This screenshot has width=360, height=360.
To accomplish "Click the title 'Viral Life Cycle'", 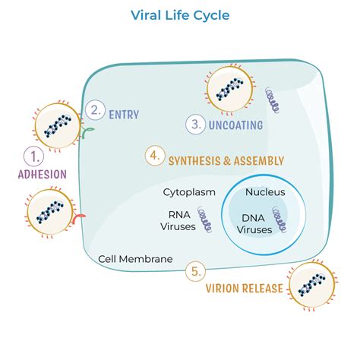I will [179, 14].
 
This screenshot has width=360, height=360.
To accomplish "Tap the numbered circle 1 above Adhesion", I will [34, 156].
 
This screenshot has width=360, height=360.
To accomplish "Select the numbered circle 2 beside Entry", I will [94, 111].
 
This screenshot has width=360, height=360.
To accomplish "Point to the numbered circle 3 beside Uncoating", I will [196, 124].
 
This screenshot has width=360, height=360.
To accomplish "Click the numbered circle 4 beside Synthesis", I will [155, 157].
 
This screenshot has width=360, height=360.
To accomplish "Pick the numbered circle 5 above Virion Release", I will [196, 271].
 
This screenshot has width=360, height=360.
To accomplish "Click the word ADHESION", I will [42, 174].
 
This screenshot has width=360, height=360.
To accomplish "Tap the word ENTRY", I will [124, 114].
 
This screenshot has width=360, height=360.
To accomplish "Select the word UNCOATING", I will [237, 125].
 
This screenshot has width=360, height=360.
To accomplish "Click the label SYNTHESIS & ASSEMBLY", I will [227, 160].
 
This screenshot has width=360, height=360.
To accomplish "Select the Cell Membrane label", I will [135, 258].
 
